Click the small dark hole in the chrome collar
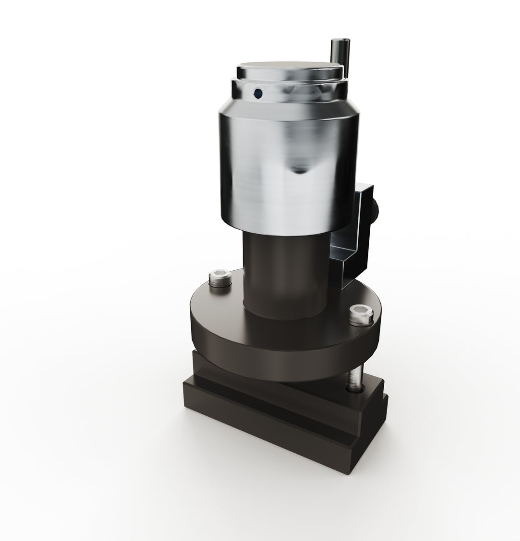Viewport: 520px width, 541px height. [258, 92]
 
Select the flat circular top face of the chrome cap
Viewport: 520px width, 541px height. [289, 67]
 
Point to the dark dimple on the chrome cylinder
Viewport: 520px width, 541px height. [299, 169]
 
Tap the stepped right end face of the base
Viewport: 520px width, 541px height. [371, 429]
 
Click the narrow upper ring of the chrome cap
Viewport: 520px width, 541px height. [289, 77]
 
